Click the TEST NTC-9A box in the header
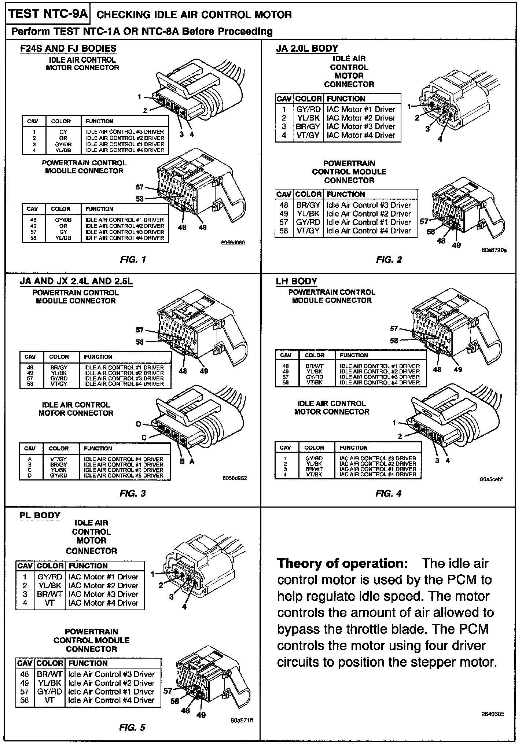click(x=48, y=14)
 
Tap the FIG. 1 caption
click(x=133, y=260)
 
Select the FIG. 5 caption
click(x=132, y=728)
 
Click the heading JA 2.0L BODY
click(x=307, y=48)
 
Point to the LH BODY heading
click(x=297, y=281)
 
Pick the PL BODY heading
click(x=40, y=515)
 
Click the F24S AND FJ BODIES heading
click(x=68, y=48)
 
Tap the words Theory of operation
click(x=342, y=563)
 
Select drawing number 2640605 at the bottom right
click(x=492, y=714)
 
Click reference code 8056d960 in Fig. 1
click(x=234, y=243)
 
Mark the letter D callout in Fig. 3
click(x=139, y=424)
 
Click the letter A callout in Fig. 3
click(x=192, y=461)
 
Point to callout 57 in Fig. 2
click(x=424, y=221)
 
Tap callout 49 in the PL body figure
click(x=201, y=715)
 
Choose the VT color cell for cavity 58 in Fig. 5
click(x=49, y=700)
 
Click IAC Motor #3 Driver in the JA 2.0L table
click(x=361, y=126)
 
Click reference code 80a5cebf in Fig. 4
click(x=491, y=479)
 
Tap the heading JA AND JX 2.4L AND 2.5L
click(x=76, y=281)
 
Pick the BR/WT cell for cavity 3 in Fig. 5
click(x=49, y=594)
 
